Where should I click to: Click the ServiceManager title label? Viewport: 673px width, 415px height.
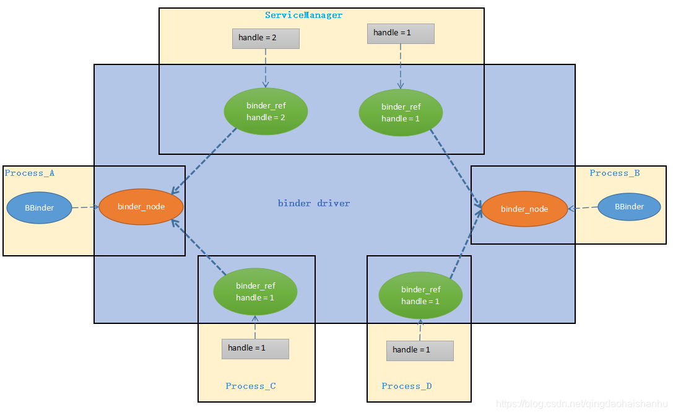[303, 15]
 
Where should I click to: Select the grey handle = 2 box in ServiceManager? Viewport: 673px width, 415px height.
[266, 38]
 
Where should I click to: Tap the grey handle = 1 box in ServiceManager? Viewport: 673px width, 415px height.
[401, 33]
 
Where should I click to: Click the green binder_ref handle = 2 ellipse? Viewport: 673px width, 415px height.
[266, 111]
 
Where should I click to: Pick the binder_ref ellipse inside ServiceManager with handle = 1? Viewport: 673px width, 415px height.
[401, 113]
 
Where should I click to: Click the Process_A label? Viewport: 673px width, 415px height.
[30, 173]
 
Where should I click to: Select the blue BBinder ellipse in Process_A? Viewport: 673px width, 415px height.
[40, 208]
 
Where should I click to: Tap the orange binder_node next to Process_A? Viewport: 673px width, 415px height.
[141, 207]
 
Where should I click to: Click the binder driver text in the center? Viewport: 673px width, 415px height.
[314, 203]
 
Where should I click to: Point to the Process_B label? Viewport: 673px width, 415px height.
[614, 173]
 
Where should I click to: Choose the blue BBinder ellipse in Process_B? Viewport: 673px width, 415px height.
[629, 207]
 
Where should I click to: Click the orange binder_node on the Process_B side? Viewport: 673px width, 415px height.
[524, 209]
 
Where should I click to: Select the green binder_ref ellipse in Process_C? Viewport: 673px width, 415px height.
[255, 292]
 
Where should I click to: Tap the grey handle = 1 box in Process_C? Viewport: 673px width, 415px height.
[255, 348]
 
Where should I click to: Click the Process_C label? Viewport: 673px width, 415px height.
[251, 387]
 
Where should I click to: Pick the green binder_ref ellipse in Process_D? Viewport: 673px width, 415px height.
[420, 295]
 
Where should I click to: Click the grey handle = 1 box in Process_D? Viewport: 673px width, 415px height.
[420, 350]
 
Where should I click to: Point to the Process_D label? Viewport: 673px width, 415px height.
[407, 387]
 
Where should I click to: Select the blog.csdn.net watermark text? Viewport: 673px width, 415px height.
[582, 404]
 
